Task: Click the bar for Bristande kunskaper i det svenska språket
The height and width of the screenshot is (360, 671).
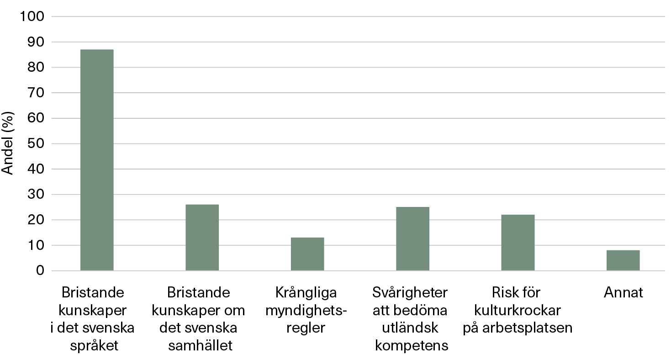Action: [97, 160]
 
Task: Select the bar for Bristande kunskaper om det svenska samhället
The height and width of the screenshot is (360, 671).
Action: [202, 238]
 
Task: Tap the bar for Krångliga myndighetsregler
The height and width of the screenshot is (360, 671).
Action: [307, 254]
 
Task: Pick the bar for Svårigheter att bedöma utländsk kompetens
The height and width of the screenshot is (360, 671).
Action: [412, 239]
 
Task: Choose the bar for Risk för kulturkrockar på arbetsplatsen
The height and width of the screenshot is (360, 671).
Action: [518, 243]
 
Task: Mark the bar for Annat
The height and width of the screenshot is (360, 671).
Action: [623, 260]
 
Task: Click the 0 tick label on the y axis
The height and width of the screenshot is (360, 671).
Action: [40, 271]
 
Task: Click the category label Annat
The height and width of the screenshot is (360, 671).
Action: [623, 292]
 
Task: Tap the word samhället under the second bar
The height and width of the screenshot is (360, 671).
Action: [201, 346]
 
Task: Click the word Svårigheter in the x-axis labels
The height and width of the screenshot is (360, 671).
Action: [410, 292]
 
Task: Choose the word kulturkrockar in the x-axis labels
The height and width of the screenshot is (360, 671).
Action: [518, 310]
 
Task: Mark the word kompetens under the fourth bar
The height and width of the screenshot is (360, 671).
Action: [412, 346]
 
